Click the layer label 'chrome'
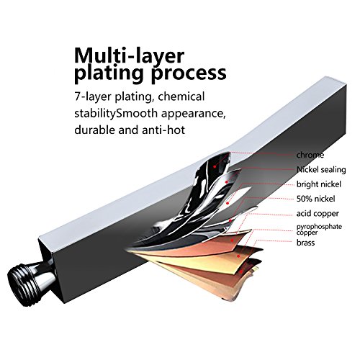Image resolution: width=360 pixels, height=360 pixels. [x=310, y=155]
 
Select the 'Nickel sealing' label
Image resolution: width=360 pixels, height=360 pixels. [x=321, y=170]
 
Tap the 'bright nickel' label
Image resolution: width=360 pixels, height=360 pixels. [x=319, y=184]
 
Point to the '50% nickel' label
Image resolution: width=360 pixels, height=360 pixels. [x=315, y=199]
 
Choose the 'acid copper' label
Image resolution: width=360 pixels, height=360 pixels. [x=318, y=214]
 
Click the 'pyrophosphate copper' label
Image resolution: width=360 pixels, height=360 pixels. [x=319, y=230]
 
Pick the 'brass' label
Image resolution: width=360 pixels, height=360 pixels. [x=305, y=243]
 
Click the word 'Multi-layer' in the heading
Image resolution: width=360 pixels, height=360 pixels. [x=129, y=55]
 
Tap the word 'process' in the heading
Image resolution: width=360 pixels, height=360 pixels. [x=189, y=73]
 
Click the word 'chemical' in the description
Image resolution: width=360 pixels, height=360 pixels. [x=181, y=96]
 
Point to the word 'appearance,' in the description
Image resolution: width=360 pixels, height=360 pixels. [x=194, y=114]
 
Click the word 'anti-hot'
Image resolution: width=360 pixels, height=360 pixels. [x=163, y=130]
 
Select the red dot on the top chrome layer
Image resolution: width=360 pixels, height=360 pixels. [x=215, y=166]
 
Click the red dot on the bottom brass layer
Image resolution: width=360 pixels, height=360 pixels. [x=241, y=271]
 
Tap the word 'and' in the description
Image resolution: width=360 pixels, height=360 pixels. [x=127, y=130]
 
